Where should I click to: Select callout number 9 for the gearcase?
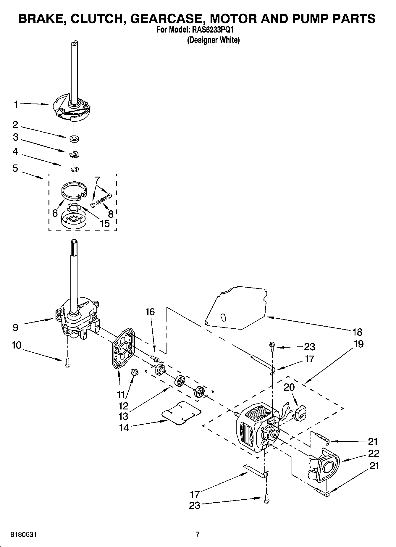click(16, 327)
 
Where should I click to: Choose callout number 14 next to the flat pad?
click(124, 427)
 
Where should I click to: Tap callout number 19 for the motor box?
click(358, 344)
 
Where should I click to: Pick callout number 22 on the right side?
click(373, 453)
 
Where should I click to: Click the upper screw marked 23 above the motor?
click(271, 345)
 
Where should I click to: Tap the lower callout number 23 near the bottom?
click(195, 505)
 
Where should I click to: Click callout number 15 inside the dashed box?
click(105, 223)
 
